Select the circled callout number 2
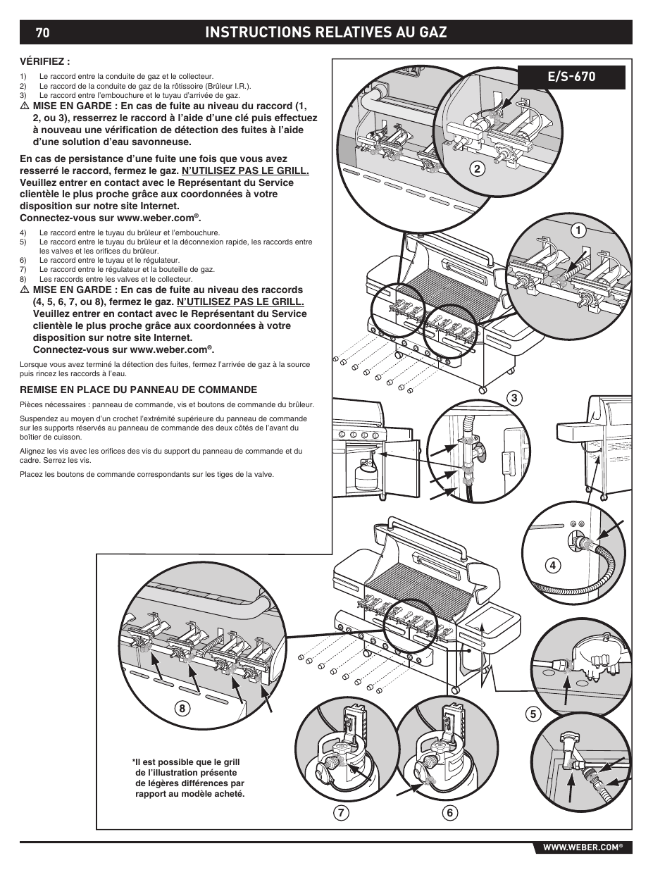point(477,168)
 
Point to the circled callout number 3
point(515,398)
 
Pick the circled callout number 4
point(553,564)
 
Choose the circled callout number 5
point(533,714)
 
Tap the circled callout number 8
point(182,709)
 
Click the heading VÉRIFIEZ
point(46,61)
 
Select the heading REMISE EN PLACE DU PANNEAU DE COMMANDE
point(138,390)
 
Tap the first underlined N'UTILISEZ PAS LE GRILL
point(245,170)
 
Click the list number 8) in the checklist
point(23,279)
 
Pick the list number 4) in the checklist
point(23,232)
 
